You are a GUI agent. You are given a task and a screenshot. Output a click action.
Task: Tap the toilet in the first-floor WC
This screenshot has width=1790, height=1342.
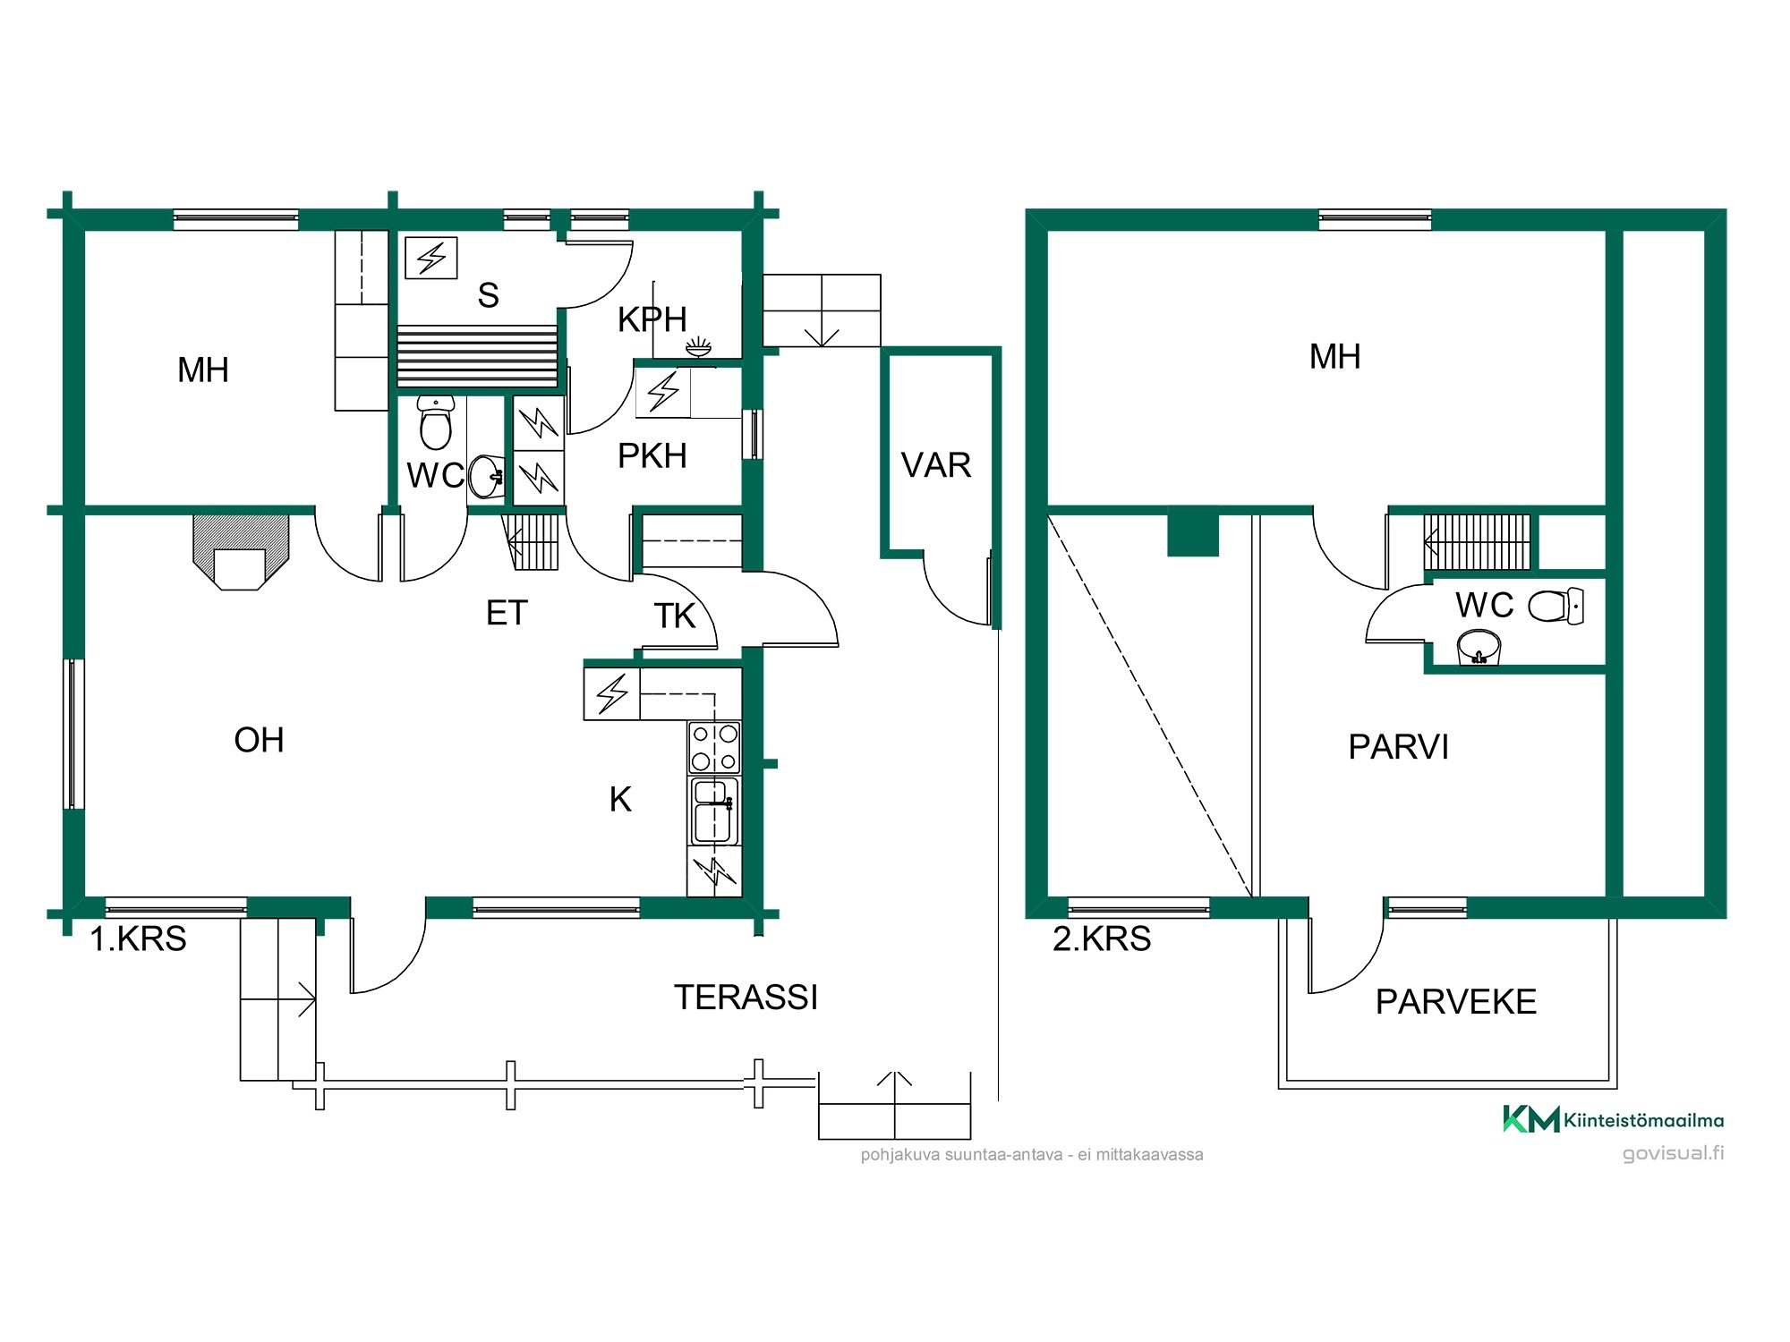pos(436,422)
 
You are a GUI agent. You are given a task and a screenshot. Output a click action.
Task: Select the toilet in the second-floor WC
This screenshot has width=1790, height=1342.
pos(1556,606)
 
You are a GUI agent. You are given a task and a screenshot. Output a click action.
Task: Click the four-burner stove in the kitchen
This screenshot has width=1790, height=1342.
pos(714,747)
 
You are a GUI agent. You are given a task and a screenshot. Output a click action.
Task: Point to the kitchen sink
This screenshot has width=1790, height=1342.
pos(713,811)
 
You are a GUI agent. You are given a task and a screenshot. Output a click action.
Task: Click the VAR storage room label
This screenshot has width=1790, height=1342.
pos(936,465)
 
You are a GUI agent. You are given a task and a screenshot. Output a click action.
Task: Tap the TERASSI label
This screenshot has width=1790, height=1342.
pos(746,998)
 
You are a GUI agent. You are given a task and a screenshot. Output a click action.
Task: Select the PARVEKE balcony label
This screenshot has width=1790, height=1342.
pos(1456,1002)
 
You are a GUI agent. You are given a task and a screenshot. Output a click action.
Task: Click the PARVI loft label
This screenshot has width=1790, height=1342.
pos(1398,747)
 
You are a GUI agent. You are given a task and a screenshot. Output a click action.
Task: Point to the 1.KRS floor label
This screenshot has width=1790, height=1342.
pos(138,939)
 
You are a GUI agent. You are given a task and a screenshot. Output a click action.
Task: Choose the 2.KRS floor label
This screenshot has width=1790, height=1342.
pos(1102,939)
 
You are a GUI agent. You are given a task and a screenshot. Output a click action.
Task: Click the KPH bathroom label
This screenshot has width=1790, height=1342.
pos(652,319)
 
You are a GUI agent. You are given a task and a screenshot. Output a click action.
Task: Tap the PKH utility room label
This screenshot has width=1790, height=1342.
pos(652,456)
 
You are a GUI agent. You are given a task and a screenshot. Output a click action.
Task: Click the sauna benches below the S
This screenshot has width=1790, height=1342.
pos(478,355)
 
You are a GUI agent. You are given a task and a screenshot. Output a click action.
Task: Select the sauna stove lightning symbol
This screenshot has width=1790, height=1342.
pos(431,259)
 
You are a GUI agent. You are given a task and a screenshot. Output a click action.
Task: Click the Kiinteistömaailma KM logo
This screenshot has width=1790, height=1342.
pos(1613,1119)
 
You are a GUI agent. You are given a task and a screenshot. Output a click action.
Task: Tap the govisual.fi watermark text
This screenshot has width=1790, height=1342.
pos(1673,1152)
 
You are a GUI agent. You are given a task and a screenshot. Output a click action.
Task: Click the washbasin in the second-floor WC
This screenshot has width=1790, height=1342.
pos(1479,647)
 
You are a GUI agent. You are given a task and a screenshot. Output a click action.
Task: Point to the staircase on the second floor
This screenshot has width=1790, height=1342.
pos(1477,542)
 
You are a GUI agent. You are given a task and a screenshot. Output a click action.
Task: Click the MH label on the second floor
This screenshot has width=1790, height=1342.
pos(1334,357)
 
